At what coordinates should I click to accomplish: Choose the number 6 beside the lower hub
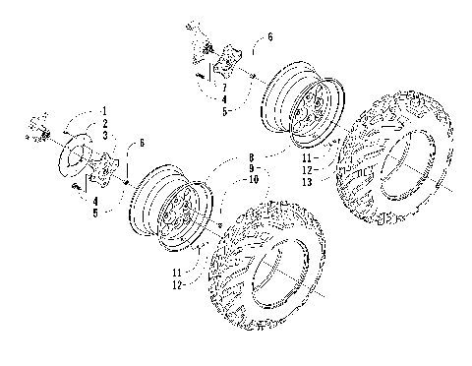(x=142, y=144)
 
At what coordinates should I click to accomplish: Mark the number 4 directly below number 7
(x=224, y=100)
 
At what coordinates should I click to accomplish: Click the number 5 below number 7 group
(x=224, y=111)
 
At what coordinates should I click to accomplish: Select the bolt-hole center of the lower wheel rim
(x=181, y=206)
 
